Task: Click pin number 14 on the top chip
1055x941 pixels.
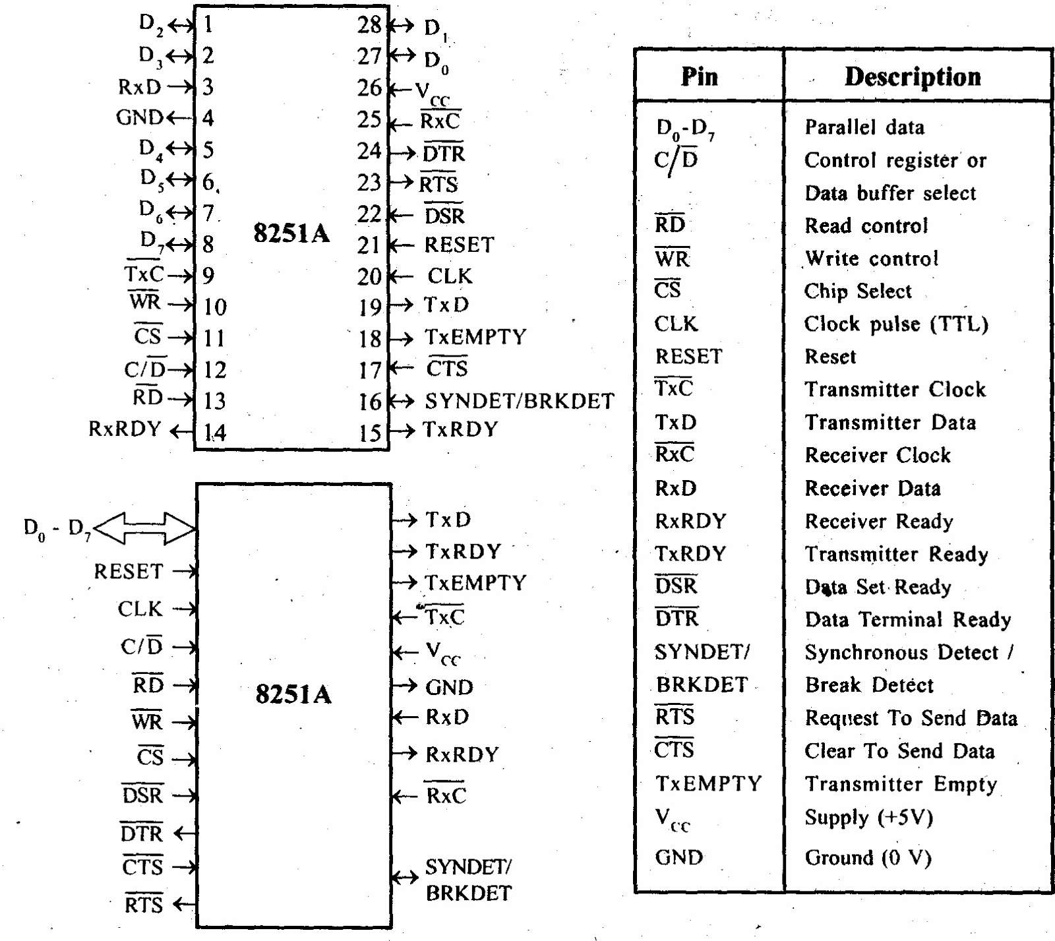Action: [214, 433]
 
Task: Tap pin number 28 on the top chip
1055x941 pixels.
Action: [369, 25]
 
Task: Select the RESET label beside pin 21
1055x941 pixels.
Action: [459, 245]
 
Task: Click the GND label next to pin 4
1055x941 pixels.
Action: [139, 117]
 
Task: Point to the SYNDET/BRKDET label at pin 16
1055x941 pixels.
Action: [520, 401]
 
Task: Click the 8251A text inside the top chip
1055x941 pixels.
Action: [291, 233]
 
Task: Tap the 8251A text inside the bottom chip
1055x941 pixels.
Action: [293, 694]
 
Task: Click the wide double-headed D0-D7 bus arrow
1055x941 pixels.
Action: [145, 528]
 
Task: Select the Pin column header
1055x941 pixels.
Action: [700, 76]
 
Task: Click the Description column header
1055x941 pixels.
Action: [913, 76]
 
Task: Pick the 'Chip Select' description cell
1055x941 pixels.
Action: [858, 291]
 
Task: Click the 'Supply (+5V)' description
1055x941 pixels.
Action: [869, 818]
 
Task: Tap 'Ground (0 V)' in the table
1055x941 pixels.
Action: [868, 858]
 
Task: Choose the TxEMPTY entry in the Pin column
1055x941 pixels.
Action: [709, 783]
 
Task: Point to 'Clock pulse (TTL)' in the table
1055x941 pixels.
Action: [897, 324]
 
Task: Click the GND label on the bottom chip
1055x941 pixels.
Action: [449, 687]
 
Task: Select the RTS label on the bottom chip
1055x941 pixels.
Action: [143, 904]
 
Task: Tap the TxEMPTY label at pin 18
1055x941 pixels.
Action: [475, 337]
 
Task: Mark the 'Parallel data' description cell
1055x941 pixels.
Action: [864, 127]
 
